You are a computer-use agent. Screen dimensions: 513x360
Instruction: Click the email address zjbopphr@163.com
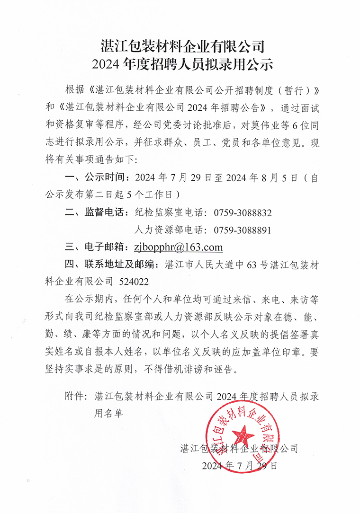(x=178, y=248)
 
